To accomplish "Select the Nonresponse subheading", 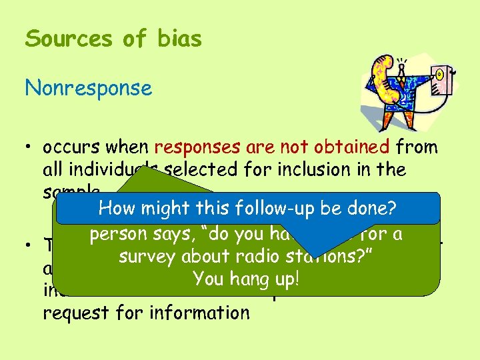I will (89, 88).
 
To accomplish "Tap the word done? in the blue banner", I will (369, 209).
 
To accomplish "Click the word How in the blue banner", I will (117, 209).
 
